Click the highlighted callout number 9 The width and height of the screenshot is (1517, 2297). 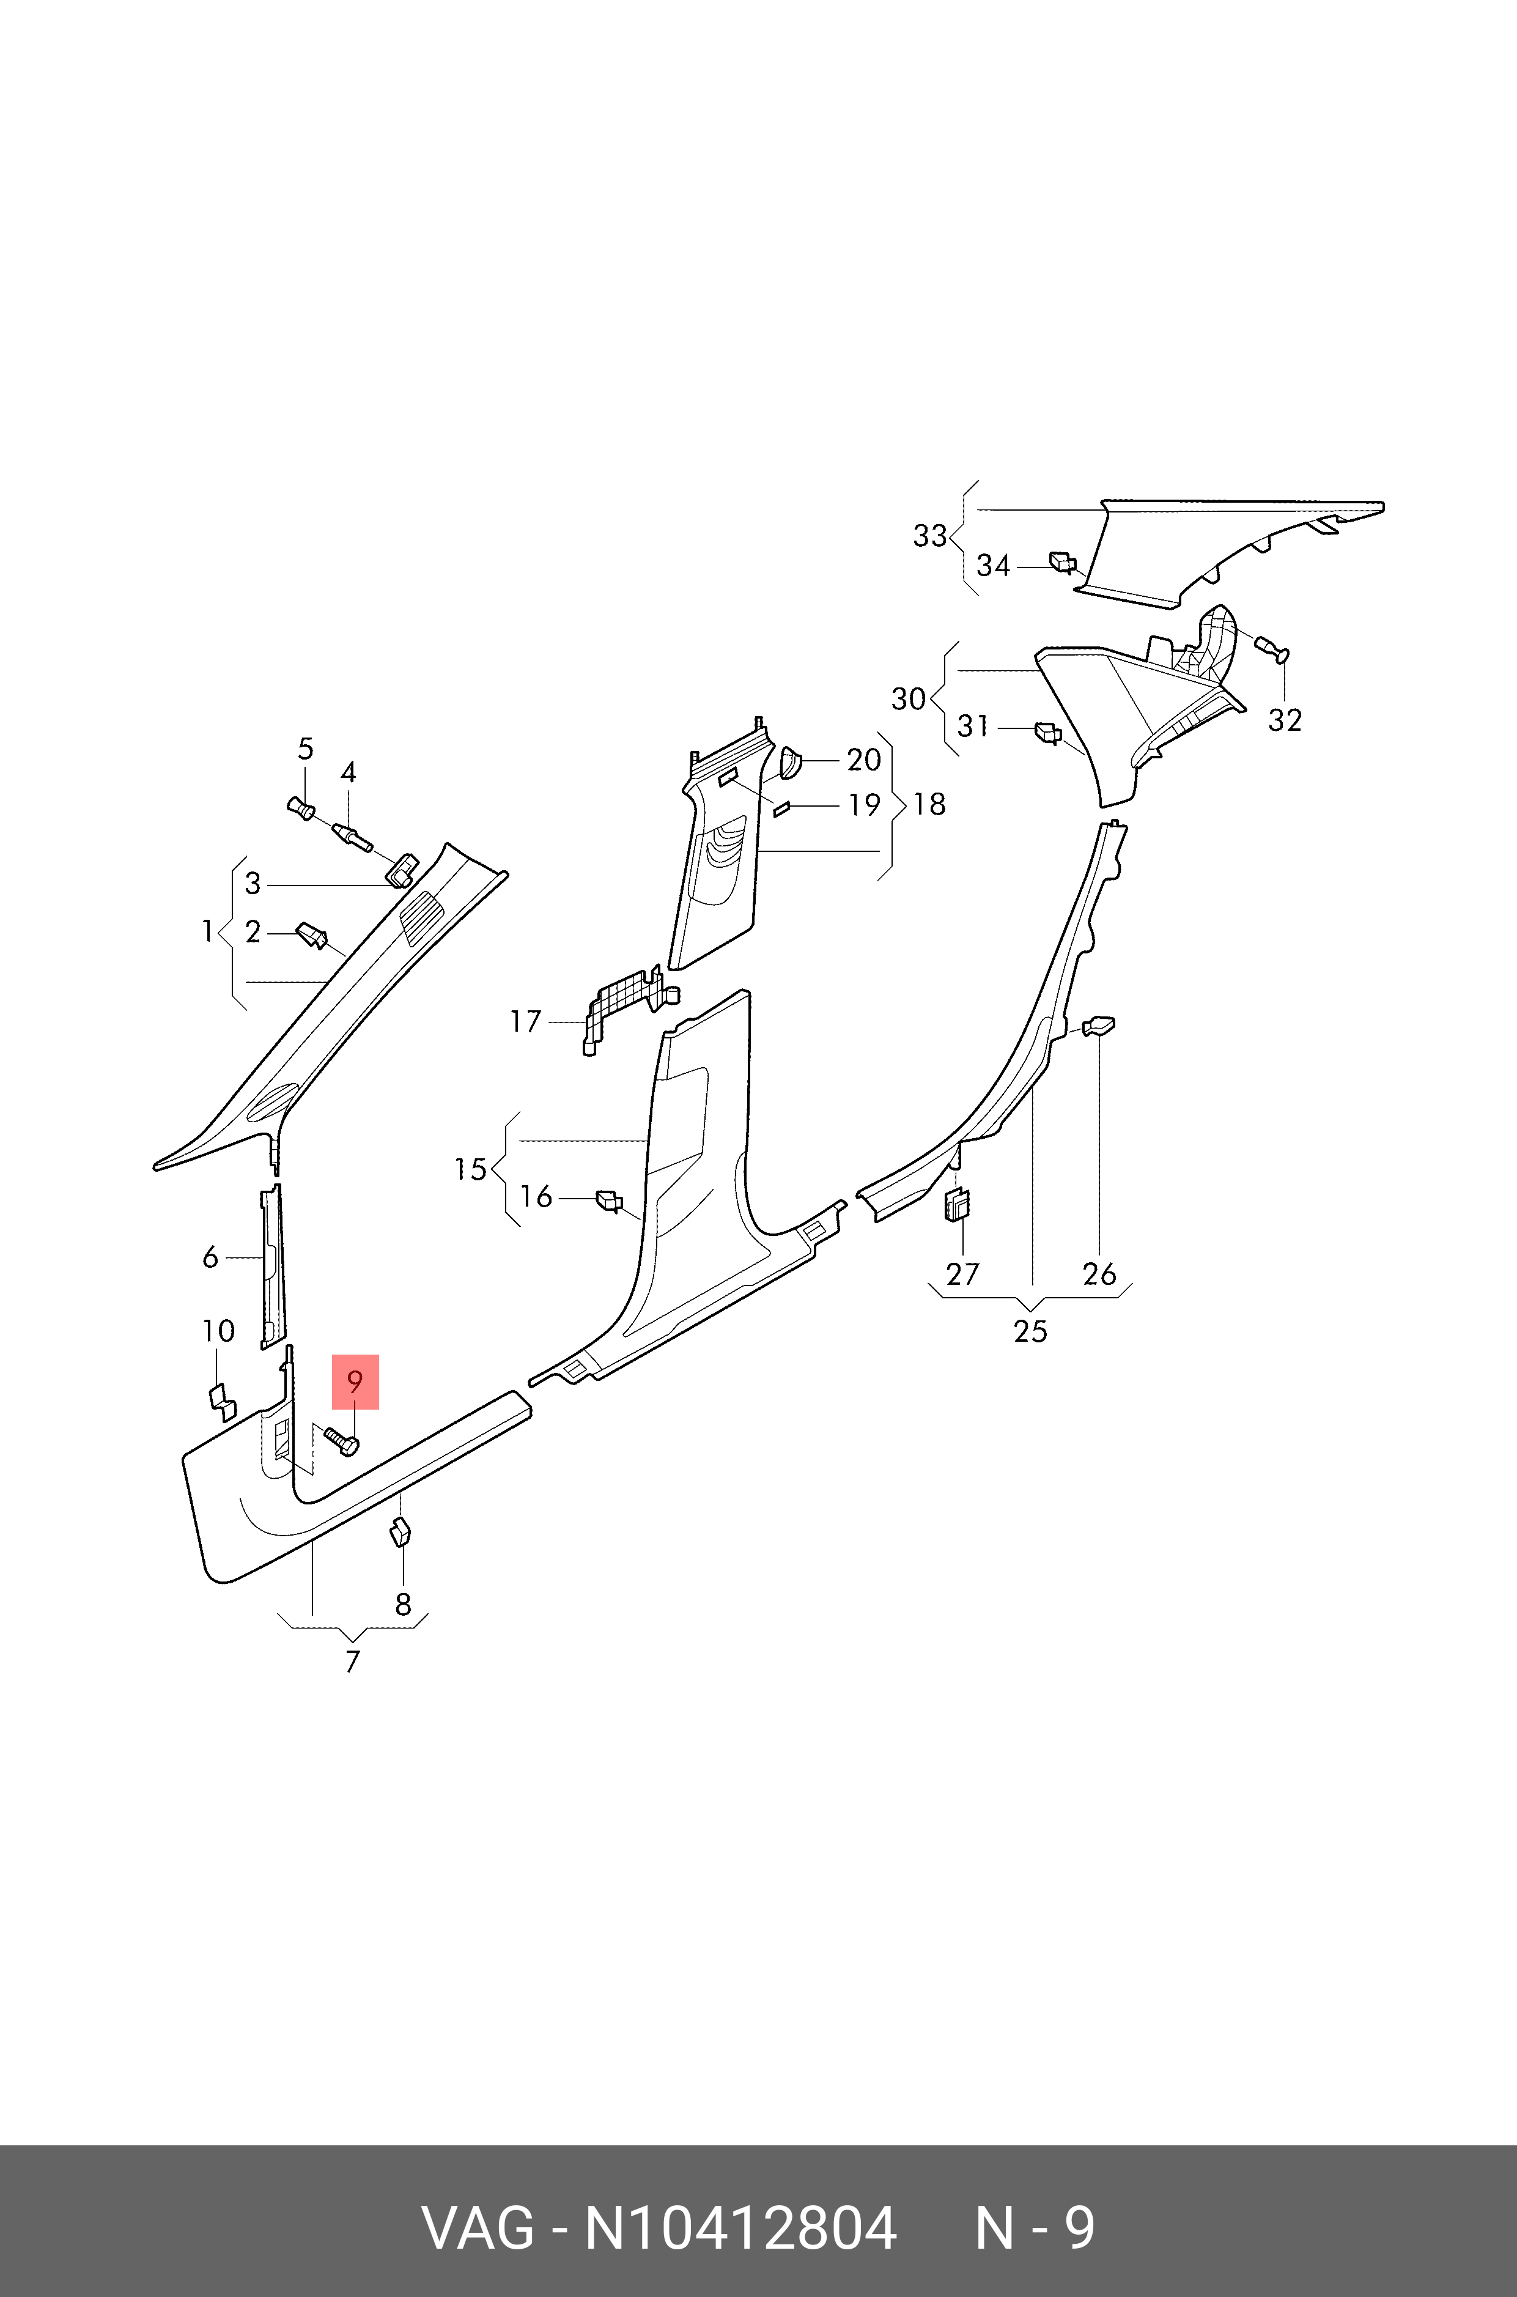[355, 1382]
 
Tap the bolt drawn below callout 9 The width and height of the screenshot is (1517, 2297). [342, 1441]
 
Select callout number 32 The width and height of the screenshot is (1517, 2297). [1285, 720]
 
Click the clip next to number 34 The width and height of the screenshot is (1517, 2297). [1062, 561]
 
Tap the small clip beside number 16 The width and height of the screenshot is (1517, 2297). [608, 1200]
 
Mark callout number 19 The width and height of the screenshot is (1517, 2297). [864, 805]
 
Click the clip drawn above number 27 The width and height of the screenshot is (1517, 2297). [957, 1205]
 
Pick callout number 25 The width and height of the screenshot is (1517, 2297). [1030, 1331]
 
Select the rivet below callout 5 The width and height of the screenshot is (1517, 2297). [302, 807]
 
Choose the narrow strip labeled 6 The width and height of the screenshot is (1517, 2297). [272, 1265]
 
